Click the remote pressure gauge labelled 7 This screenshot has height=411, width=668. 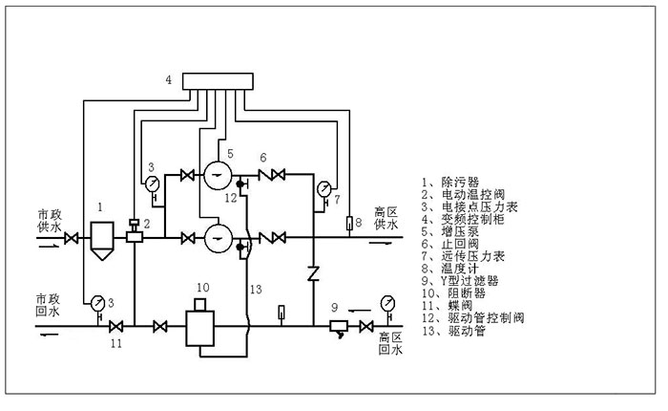(324, 187)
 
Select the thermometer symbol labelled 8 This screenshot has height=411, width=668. (348, 226)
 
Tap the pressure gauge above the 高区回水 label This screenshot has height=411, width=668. (388, 303)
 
